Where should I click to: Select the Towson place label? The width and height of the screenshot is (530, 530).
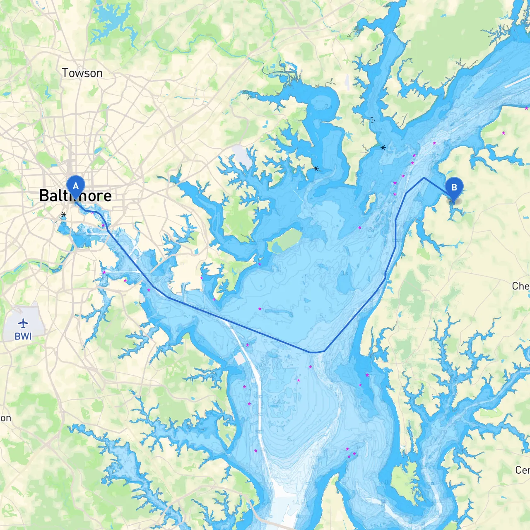click(82, 73)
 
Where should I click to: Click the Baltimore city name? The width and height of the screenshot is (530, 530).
click(75, 196)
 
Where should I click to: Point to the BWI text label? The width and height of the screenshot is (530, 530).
click(23, 336)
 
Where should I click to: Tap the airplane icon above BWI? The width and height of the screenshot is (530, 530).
click(23, 323)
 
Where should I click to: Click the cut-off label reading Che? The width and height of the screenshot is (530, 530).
click(520, 286)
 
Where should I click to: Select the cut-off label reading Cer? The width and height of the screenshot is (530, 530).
click(522, 470)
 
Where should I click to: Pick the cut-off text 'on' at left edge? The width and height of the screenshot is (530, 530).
click(5, 418)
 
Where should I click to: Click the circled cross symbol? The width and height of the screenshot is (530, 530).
click(372, 120)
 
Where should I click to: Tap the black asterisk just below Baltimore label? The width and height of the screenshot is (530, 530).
click(63, 214)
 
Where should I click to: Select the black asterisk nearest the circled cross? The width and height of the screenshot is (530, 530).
click(383, 147)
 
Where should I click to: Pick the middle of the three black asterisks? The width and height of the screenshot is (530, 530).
click(316, 169)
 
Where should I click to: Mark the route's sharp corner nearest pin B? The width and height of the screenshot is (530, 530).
click(424, 178)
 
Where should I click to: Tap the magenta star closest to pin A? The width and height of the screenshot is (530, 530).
click(103, 225)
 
